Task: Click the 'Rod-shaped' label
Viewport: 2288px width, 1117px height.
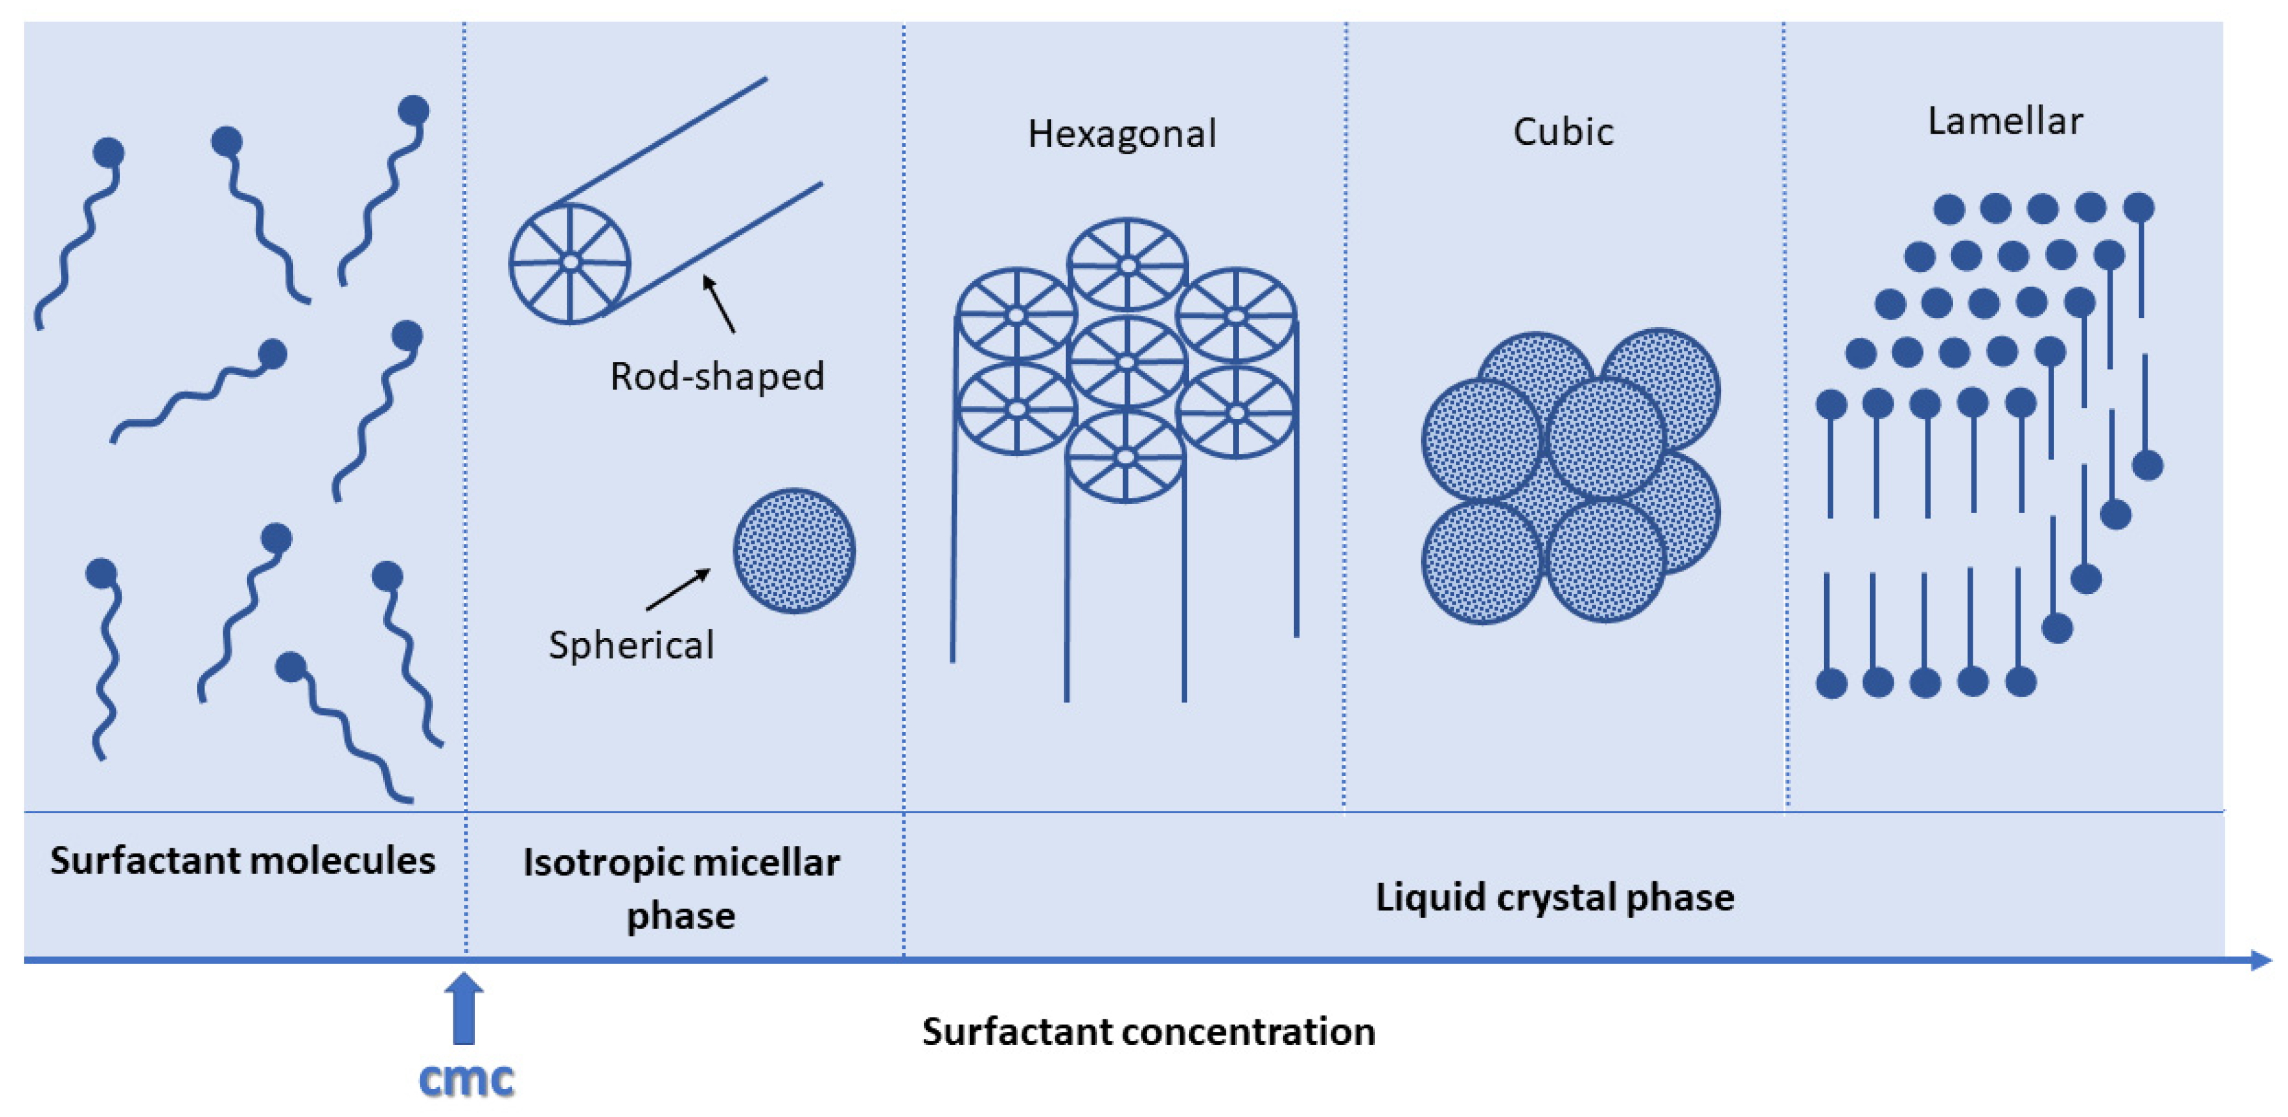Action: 717,376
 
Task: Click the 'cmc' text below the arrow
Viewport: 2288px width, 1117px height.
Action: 465,1079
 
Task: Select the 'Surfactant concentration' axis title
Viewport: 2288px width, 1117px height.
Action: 1149,1032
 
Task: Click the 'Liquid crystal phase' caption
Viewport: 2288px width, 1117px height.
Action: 1554,897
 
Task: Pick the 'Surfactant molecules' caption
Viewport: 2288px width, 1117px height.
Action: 243,860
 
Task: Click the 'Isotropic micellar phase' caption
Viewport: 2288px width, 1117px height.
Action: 680,888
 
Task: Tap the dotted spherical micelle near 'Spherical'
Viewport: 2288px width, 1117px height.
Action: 794,550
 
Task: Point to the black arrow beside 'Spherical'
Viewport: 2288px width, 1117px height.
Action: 679,590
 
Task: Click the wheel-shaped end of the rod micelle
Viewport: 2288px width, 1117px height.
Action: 569,263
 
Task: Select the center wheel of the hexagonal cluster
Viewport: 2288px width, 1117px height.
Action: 1126,362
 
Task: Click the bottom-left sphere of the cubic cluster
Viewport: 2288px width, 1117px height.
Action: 1481,562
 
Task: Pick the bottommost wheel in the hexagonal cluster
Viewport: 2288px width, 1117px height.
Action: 1126,457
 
